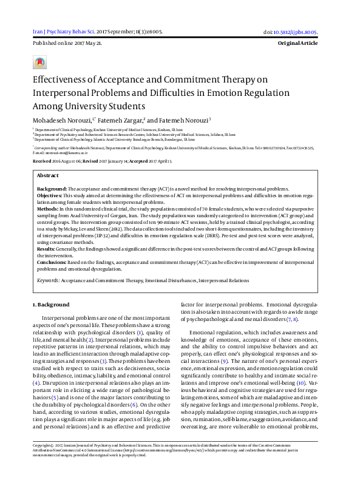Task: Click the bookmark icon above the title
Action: [40, 62]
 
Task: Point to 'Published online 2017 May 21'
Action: [67, 44]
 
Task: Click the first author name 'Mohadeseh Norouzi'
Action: [62, 120]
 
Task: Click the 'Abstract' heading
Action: [48, 175]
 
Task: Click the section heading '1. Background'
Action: [50, 304]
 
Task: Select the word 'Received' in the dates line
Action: [42, 161]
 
